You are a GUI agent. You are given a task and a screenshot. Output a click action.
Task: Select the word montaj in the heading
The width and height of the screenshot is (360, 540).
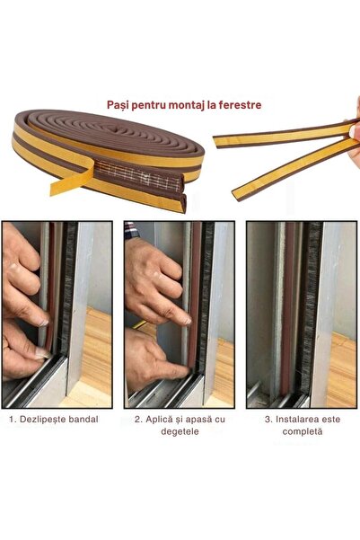pos(183,104)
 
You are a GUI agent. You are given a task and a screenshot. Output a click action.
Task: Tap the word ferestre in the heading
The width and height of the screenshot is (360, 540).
pos(241,104)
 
